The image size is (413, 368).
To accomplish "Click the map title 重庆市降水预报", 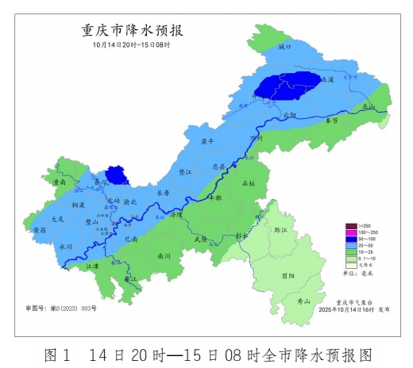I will click(133, 31).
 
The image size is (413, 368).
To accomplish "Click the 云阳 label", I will click(288, 116).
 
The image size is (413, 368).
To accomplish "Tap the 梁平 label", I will click(206, 141).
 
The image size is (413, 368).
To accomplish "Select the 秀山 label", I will click(303, 301).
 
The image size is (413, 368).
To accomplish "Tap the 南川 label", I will click(164, 256).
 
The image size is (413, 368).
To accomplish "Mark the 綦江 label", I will click(129, 278).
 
